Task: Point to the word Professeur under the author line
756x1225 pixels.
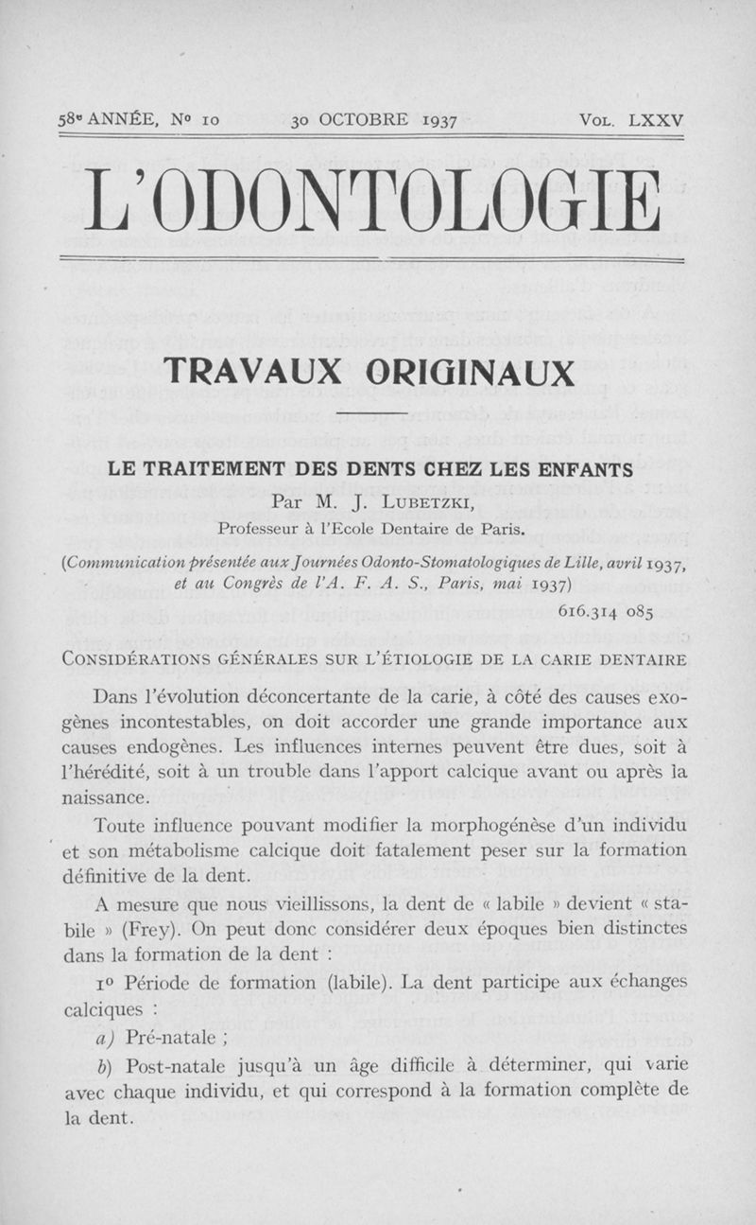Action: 263,528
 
